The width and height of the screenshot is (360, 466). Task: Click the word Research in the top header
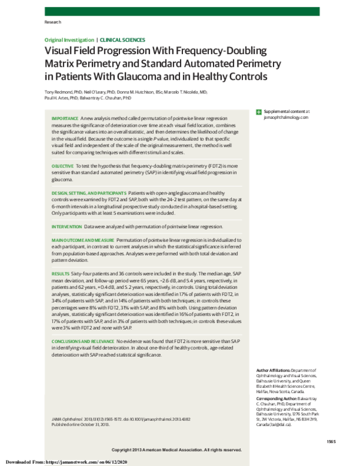[x=53, y=22]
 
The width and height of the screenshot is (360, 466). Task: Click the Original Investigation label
[x=69, y=39]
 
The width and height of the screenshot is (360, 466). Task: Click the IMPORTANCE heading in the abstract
[x=66, y=118]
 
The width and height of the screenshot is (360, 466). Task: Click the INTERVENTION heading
[x=67, y=227]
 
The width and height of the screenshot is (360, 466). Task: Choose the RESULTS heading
[x=61, y=273]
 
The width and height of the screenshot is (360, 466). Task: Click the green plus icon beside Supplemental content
[x=259, y=112]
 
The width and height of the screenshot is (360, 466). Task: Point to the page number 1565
[x=331, y=442]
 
